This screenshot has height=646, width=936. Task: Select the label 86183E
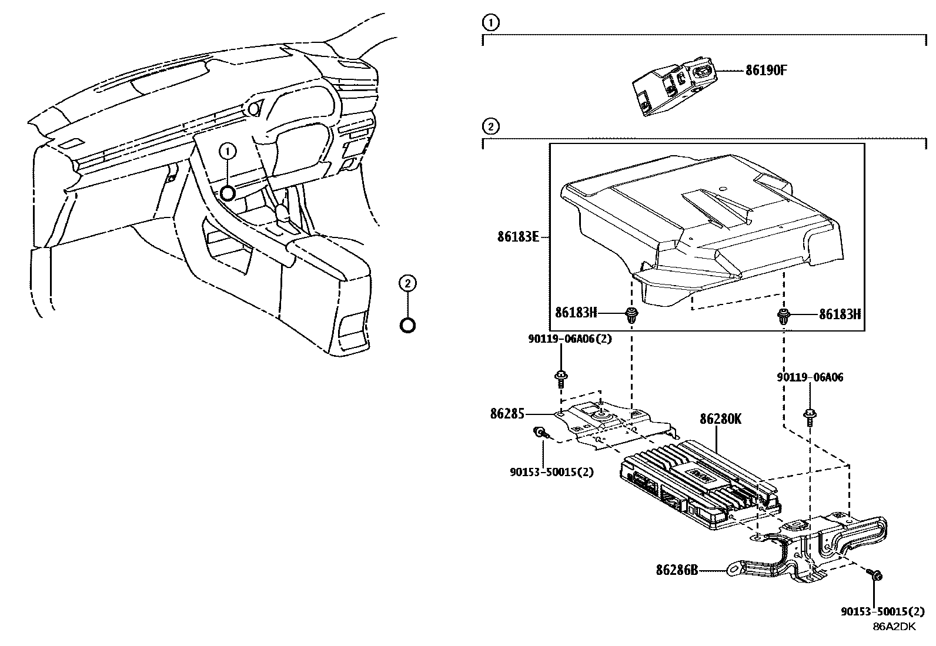(517, 238)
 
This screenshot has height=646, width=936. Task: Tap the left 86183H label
(576, 313)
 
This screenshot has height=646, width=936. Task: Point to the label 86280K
(720, 419)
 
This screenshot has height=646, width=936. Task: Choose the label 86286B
(677, 570)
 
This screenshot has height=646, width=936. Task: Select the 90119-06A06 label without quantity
(809, 377)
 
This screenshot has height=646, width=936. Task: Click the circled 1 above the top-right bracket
(489, 23)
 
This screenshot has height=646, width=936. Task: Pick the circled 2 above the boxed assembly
(489, 126)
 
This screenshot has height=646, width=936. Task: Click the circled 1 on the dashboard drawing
(228, 152)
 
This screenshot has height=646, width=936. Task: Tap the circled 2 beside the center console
(407, 283)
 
